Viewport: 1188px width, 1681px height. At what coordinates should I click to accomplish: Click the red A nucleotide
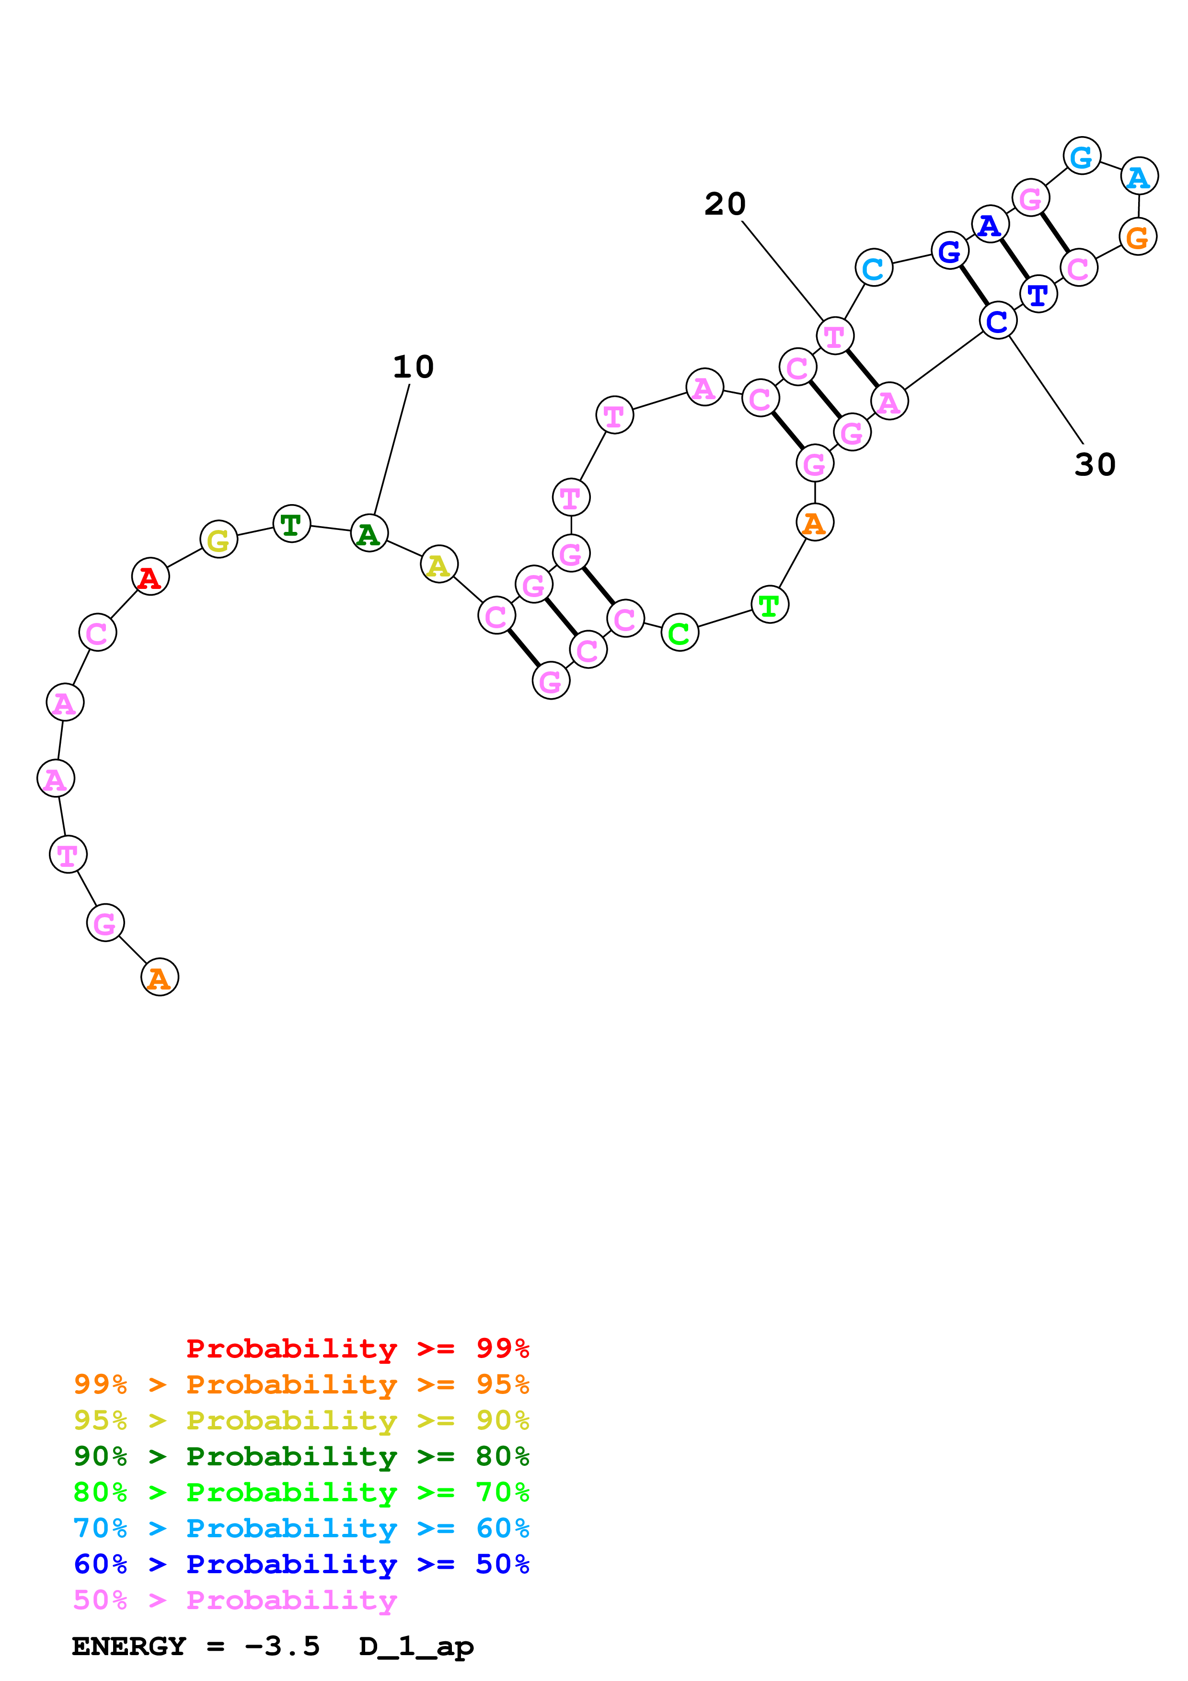click(x=150, y=577)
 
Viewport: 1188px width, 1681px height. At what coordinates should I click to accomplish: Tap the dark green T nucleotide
click(x=291, y=524)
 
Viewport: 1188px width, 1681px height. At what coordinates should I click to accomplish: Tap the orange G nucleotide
click(x=1137, y=237)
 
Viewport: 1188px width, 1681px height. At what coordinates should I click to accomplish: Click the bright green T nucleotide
click(x=769, y=605)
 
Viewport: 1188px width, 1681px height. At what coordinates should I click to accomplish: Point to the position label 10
click(x=414, y=367)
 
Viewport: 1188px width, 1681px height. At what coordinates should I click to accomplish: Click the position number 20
click(x=725, y=204)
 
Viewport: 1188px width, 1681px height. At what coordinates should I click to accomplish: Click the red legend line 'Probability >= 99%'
click(x=357, y=1348)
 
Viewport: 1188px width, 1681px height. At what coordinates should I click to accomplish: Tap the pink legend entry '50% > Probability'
click(x=235, y=1600)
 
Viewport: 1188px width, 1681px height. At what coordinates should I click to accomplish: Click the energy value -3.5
click(x=282, y=1646)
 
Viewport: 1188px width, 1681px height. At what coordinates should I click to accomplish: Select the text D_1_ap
click(x=416, y=1646)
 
